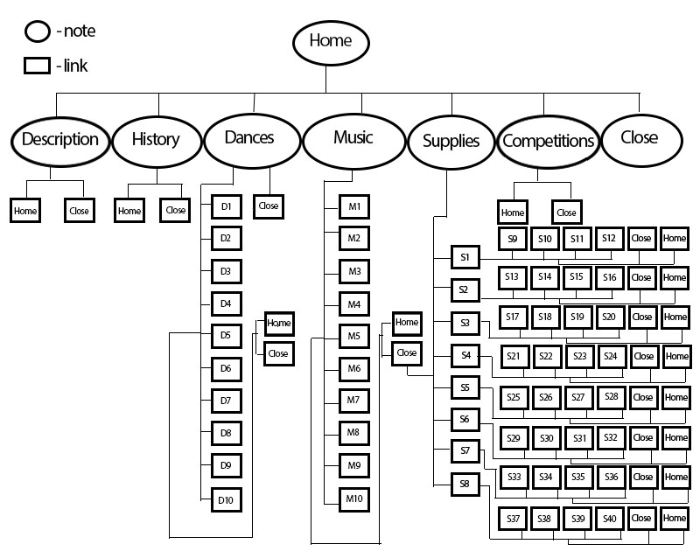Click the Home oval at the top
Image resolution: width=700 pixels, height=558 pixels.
tap(330, 41)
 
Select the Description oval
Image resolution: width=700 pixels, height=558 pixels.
tap(59, 139)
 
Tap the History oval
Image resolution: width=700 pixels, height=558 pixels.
tap(156, 139)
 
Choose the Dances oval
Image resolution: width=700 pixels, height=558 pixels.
tap(249, 138)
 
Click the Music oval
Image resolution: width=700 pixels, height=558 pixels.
tap(353, 138)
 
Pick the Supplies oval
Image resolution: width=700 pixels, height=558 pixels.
tap(451, 140)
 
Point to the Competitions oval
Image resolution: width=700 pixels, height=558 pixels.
tap(549, 140)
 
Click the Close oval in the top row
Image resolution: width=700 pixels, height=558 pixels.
tap(639, 138)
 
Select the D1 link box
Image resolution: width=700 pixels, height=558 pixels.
tap(226, 207)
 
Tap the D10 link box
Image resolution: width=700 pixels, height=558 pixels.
tap(226, 500)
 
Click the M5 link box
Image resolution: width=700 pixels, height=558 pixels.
tap(353, 336)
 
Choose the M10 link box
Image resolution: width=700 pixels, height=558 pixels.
tap(353, 499)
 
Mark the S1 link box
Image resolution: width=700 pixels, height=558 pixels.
tap(465, 257)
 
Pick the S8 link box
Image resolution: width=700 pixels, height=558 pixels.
tap(465, 484)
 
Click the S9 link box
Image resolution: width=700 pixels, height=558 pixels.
tap(513, 238)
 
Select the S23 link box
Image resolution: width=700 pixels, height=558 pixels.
tap(578, 356)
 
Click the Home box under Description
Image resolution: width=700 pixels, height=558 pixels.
tap(25, 211)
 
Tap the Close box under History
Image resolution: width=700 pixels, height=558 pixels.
tap(176, 211)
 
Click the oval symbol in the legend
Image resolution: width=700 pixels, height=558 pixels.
tap(38, 33)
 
